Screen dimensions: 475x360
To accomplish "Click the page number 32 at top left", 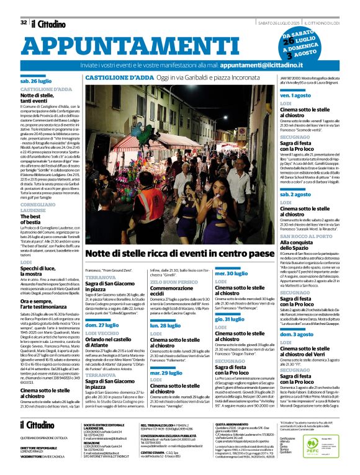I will pos(24,6).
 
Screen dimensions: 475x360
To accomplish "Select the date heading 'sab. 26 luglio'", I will pos(37,81).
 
